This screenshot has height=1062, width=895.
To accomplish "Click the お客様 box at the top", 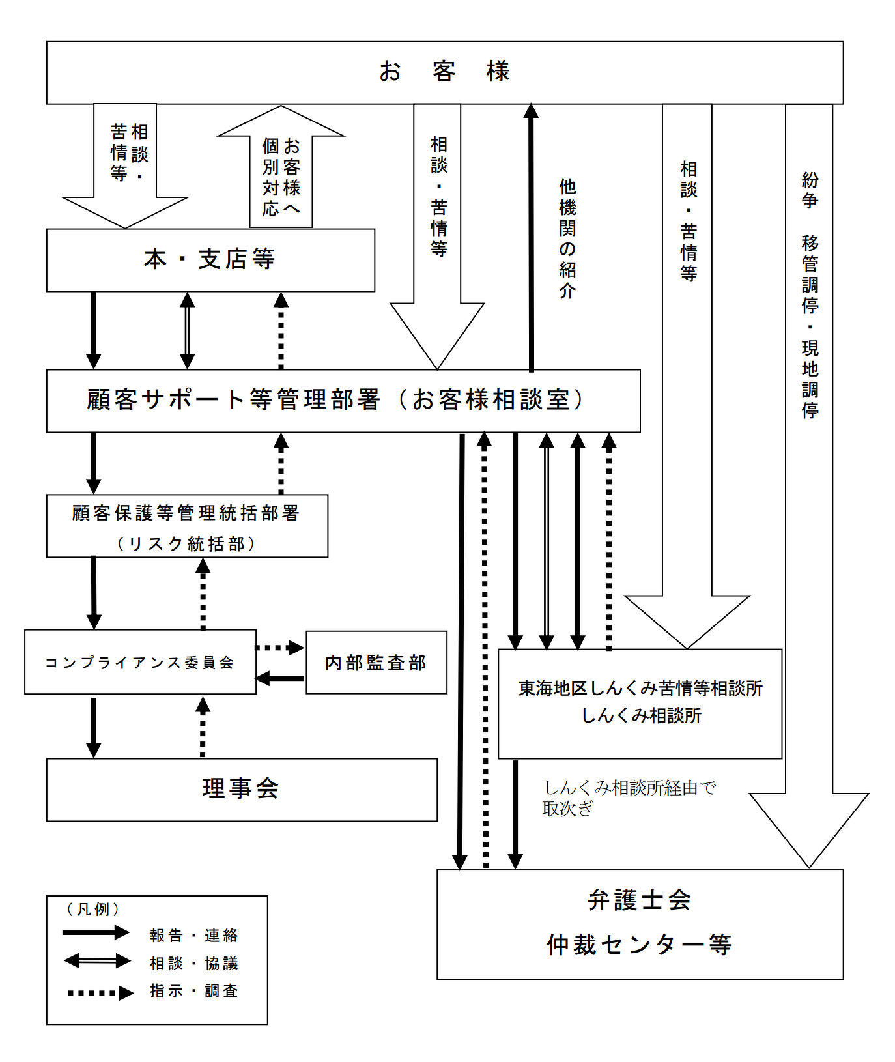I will [x=445, y=72].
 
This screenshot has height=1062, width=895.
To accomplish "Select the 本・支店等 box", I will [x=210, y=260].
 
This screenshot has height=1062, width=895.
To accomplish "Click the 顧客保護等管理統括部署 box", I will [x=187, y=526].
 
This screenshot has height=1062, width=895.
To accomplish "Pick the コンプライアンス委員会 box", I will [x=140, y=662].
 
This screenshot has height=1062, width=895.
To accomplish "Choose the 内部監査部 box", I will [x=376, y=663].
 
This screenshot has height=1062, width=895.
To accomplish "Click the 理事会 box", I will [x=242, y=790].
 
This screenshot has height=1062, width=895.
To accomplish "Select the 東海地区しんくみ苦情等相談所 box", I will [x=640, y=704].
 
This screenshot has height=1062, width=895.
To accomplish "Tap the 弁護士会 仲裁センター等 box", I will [x=640, y=924].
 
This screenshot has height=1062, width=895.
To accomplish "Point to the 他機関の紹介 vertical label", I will [x=567, y=238].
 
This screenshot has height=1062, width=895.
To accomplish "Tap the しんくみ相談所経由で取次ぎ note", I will [x=629, y=798].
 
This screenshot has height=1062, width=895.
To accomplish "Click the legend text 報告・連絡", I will [x=194, y=936].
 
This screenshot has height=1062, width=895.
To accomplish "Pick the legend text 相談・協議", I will [x=194, y=963].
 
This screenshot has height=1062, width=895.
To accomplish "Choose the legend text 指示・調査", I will [x=194, y=991].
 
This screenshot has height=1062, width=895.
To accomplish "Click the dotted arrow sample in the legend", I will [x=100, y=993].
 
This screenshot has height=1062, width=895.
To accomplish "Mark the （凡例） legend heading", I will [x=93, y=909].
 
